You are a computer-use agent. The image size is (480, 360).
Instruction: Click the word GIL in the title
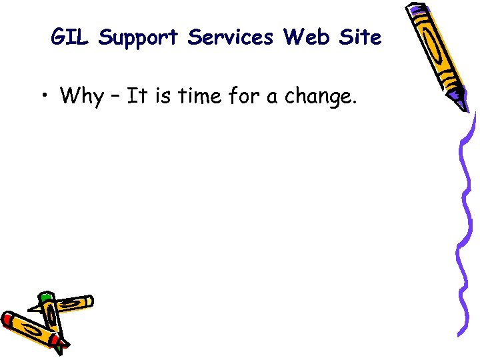[69, 38]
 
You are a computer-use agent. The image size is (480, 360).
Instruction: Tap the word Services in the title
[231, 38]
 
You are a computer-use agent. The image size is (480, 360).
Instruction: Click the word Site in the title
[359, 38]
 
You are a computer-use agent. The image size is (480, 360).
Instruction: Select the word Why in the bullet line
[81, 97]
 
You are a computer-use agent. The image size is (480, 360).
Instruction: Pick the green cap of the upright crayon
[45, 298]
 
